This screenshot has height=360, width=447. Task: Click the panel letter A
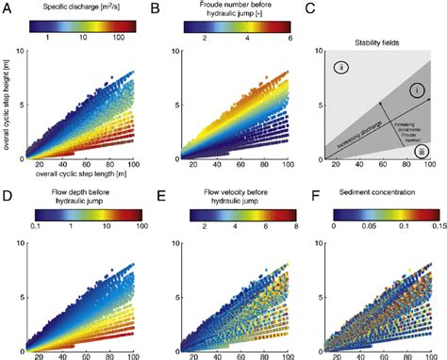8,8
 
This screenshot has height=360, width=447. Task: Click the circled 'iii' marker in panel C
422,150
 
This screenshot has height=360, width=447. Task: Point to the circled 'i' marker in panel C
418,89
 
